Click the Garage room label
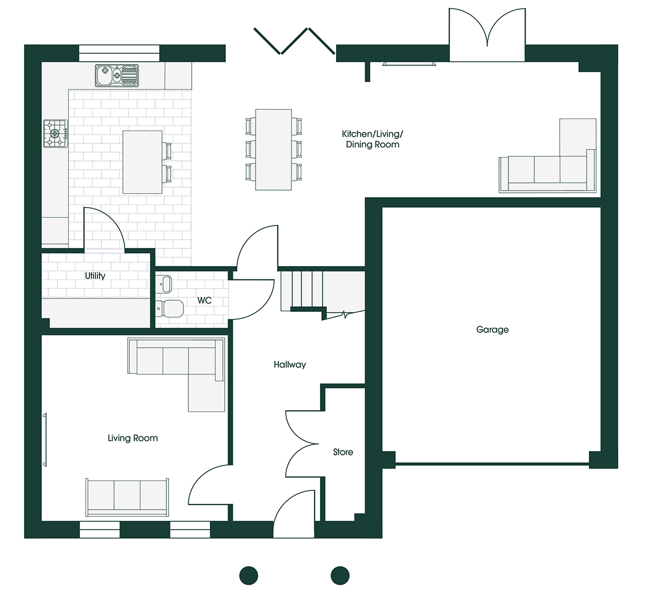point(492,329)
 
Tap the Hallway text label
point(290,365)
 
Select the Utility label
point(95,275)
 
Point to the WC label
point(204,300)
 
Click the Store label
point(343,452)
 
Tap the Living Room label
point(133,438)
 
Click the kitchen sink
point(116,75)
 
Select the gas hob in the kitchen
point(56,133)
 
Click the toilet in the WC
point(170,309)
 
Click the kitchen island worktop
point(142,162)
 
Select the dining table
point(274,150)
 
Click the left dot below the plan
point(249,575)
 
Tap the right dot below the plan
point(340,575)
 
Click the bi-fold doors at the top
point(294,41)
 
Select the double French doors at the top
point(487,35)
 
